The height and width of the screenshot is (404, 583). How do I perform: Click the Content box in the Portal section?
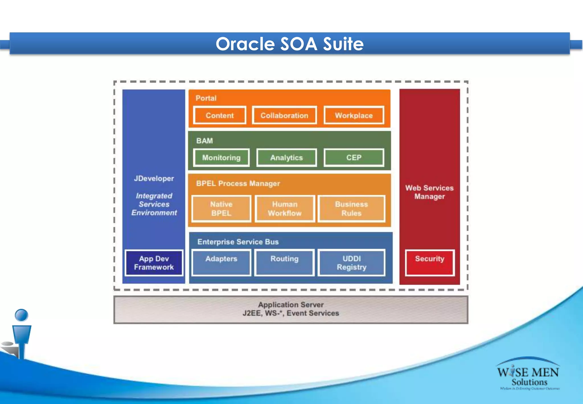219,115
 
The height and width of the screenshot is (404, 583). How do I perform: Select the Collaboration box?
284,115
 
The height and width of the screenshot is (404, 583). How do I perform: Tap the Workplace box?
354,115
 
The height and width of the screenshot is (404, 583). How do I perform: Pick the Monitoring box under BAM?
221,158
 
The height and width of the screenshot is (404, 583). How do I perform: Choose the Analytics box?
286,158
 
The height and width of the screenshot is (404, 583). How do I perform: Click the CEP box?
354,158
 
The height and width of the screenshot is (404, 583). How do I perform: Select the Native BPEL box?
221,209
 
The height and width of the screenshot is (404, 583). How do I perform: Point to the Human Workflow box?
285,209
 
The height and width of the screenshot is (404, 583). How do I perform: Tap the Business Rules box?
352,209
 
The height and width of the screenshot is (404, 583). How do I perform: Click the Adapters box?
221,262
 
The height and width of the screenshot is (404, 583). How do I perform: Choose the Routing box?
284,262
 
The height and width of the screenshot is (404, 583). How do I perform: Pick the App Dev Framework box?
154,263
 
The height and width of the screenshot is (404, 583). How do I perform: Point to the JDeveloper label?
154,178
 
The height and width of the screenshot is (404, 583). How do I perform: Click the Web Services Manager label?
429,192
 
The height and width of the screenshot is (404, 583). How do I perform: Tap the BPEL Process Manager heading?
238,183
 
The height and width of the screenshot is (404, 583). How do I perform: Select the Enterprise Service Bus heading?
238,242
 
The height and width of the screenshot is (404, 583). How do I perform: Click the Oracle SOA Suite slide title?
290,44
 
